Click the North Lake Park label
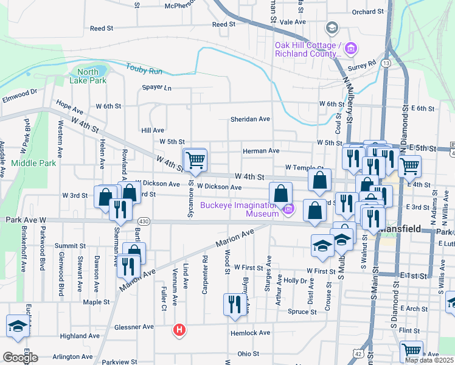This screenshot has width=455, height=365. pos(88,76)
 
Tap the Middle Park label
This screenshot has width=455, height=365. pos(33,163)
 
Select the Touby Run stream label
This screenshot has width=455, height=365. pos(144,67)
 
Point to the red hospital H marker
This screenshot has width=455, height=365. pos(179,330)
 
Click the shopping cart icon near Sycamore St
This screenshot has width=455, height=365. pos(195,160)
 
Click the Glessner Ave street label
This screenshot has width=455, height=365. pos(134,327)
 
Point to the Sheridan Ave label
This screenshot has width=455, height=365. pos(249,119)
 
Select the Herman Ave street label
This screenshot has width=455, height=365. pos(260,151)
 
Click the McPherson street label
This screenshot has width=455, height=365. pos(183,6)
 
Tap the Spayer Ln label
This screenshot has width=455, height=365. pos(157,88)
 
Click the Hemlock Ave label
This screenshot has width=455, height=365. pos(249,333)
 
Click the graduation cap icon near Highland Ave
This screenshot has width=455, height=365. pos(18,326)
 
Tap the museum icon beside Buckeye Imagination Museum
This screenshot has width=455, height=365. pos(289,209)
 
